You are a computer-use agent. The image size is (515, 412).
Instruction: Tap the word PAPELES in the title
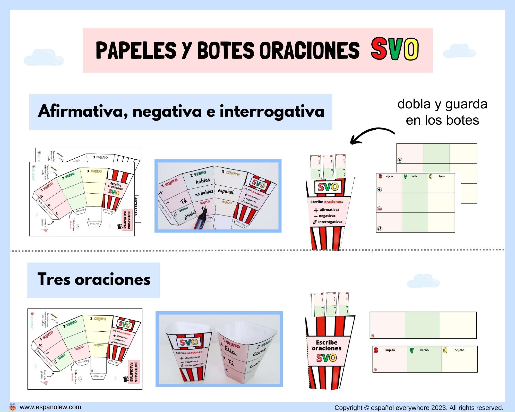[x=136, y=50]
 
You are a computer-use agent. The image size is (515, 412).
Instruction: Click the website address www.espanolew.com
[x=50, y=407]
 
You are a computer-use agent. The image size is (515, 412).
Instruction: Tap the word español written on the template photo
[x=226, y=191]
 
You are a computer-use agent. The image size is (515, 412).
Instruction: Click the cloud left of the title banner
[x=44, y=57]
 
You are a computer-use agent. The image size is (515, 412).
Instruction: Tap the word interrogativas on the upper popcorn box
[x=330, y=222]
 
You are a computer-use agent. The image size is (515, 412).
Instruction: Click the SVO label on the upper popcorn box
[x=328, y=187]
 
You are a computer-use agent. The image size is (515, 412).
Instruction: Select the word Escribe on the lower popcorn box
[x=327, y=342]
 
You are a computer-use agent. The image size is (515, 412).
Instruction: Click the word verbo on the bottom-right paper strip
[x=424, y=350]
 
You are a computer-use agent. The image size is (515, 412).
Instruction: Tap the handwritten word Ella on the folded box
[x=230, y=350]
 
